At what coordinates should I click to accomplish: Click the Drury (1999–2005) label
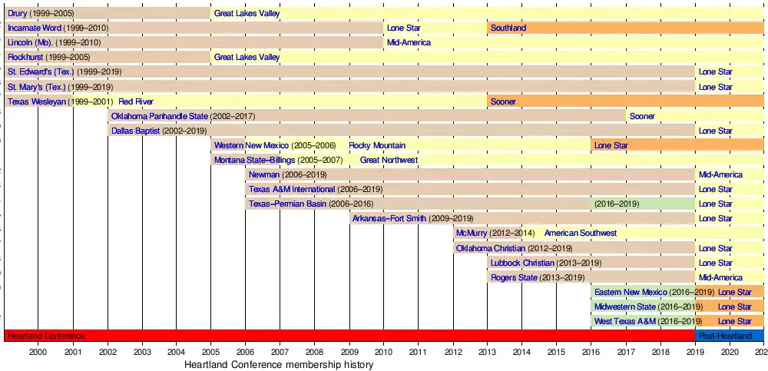[41, 13]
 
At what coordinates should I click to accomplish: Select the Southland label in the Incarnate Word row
[508, 28]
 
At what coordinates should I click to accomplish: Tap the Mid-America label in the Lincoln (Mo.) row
[409, 42]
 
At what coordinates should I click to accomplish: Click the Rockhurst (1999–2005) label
[49, 57]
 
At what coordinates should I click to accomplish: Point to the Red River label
[135, 101]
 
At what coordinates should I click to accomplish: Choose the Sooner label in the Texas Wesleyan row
[503, 101]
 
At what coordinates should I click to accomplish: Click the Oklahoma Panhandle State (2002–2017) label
[183, 116]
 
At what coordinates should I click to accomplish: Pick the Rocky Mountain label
[377, 145]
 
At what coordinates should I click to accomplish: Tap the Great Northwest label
[389, 160]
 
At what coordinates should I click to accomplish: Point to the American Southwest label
[580, 233]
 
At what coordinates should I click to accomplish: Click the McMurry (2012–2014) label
[495, 233]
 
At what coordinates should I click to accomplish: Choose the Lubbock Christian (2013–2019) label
[545, 263]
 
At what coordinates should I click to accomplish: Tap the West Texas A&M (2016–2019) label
[648, 321]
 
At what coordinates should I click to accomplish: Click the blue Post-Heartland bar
[729, 336]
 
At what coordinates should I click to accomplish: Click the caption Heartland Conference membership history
[279, 365]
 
